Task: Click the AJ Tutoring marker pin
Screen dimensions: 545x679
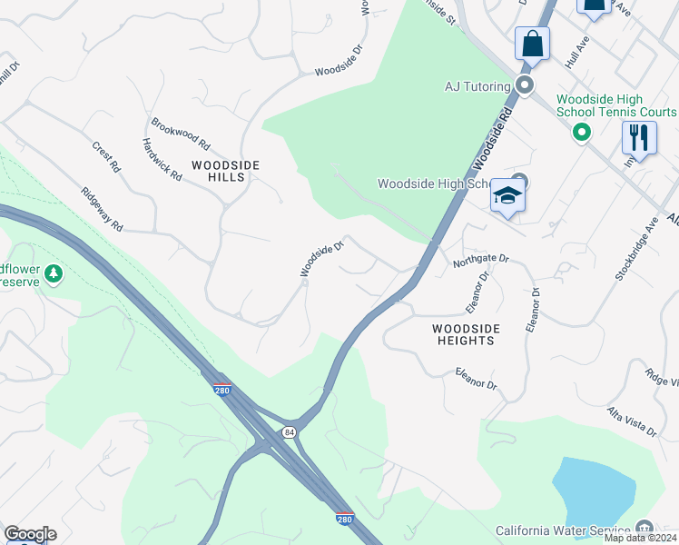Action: coord(524,86)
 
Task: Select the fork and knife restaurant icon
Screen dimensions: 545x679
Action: coord(639,139)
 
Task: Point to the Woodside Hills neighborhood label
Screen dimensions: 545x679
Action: coord(225,171)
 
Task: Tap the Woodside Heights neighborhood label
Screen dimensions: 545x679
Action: coord(463,334)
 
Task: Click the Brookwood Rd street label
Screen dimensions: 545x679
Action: coord(181,134)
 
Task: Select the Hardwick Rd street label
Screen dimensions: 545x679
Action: coord(162,159)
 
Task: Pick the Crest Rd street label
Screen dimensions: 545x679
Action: coord(106,156)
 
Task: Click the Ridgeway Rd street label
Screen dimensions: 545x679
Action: coord(102,209)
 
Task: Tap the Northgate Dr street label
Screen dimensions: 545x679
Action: coord(482,259)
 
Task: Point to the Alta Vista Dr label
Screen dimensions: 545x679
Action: coord(634,424)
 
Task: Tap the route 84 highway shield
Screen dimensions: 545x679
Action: coord(288,431)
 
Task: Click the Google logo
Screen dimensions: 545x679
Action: coord(30,534)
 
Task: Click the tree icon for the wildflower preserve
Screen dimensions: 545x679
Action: coord(54,272)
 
